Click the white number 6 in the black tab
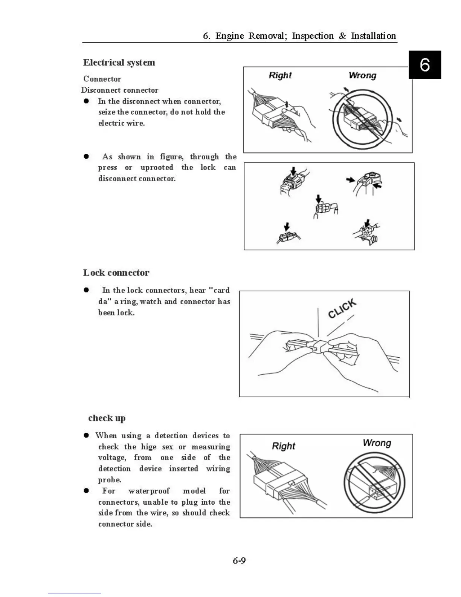(x=425, y=65)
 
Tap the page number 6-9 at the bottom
(x=239, y=560)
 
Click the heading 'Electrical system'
(x=119, y=63)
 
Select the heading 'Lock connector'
(x=116, y=272)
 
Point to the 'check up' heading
(x=107, y=418)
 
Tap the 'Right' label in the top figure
(x=280, y=75)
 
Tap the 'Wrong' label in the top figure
(x=362, y=75)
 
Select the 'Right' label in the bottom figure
(x=284, y=446)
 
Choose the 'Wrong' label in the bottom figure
(x=377, y=443)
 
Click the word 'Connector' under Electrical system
(x=102, y=79)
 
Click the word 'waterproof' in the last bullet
(x=149, y=491)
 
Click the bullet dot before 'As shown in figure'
(x=86, y=156)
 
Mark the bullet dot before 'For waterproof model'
(x=86, y=491)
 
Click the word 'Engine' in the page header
(x=230, y=36)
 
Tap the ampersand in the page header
(x=342, y=36)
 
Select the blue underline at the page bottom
(x=74, y=594)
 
